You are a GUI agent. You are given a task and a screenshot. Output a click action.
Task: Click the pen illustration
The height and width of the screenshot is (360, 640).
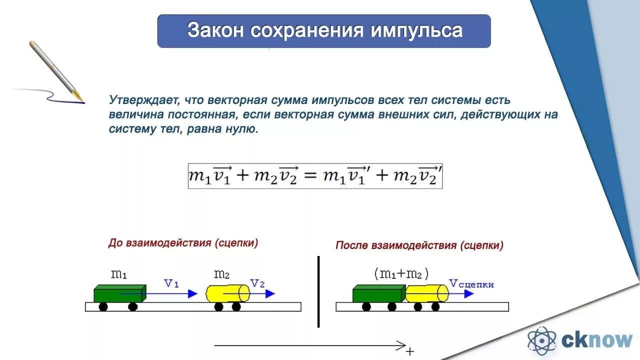click(x=55, y=70)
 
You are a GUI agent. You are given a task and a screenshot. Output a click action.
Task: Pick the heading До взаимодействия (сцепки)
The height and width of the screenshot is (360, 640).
click(x=183, y=243)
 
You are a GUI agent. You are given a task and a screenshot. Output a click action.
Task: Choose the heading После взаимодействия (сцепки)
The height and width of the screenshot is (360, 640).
click(x=419, y=245)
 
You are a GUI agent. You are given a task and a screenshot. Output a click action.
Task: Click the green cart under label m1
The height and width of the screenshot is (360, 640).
click(x=119, y=294)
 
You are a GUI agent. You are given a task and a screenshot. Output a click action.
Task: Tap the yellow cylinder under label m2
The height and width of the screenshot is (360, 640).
click(x=227, y=293)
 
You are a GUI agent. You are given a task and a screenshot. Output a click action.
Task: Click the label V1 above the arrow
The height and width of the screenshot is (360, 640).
click(x=171, y=283)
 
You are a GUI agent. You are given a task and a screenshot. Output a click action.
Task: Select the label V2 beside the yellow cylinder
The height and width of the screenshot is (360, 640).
click(x=257, y=283)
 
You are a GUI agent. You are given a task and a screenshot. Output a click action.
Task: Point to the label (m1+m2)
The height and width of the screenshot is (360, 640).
click(x=401, y=273)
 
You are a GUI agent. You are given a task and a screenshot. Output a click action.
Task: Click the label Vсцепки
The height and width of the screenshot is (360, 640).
click(x=471, y=284)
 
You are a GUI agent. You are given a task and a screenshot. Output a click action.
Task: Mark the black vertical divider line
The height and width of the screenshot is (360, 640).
click(x=318, y=291)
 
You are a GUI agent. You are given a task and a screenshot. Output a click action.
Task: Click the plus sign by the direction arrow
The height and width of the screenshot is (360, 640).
click(x=410, y=351)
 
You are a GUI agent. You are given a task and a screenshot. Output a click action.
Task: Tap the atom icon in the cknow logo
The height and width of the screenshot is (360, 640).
click(x=542, y=340)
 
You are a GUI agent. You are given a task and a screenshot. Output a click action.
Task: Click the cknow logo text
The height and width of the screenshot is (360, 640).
click(x=597, y=340)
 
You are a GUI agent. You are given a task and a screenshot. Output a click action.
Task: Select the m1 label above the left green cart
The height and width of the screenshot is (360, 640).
click(x=119, y=274)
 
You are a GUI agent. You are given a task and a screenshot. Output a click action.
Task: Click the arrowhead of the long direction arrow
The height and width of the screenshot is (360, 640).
click(x=401, y=345)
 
